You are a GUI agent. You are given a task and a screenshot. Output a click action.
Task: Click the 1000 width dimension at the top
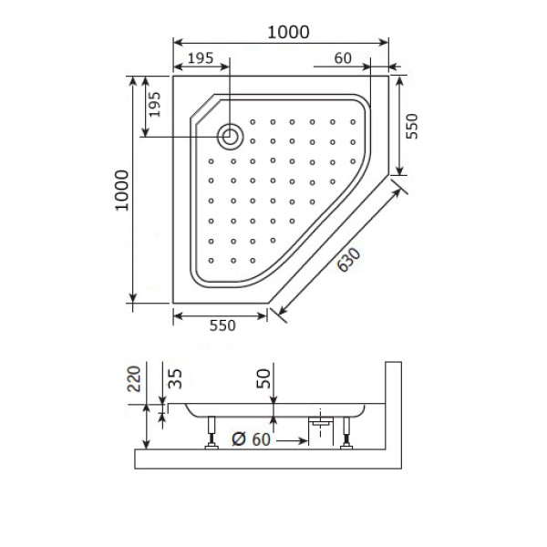288,30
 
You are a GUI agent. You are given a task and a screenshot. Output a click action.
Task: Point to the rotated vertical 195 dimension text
154,108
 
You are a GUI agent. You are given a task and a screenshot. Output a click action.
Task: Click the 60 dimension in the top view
343,58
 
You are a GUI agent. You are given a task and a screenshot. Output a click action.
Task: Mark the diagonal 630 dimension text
347,261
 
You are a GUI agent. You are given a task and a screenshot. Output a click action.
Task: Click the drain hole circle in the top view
231,137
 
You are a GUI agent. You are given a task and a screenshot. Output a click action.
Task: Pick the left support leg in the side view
212,431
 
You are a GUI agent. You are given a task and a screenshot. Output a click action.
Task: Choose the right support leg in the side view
346,431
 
